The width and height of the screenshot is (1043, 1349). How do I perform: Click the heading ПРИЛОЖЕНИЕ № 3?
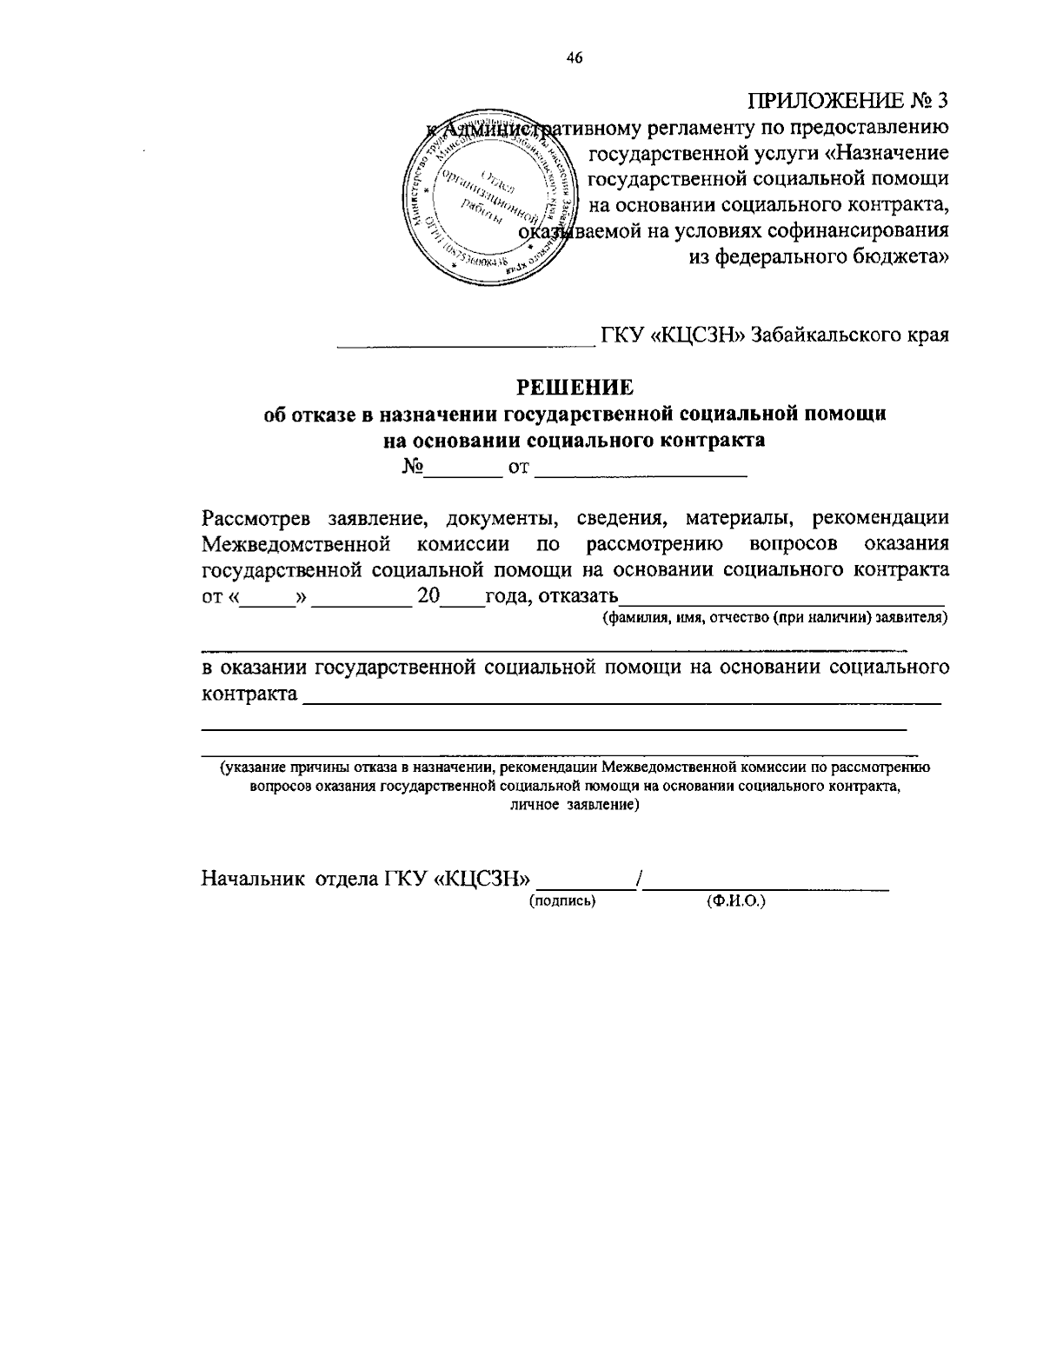pyautogui.click(x=848, y=100)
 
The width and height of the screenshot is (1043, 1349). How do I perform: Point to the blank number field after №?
pyautogui.click(x=462, y=470)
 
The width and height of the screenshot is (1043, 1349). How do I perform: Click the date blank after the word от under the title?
pyautogui.click(x=641, y=470)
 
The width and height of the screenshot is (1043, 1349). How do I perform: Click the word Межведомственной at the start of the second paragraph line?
pyautogui.click(x=295, y=544)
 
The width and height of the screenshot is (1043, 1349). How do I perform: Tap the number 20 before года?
pyautogui.click(x=430, y=596)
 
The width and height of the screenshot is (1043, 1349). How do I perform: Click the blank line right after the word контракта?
pyautogui.click(x=621, y=696)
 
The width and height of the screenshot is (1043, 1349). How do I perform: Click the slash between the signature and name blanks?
pyautogui.click(x=640, y=879)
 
